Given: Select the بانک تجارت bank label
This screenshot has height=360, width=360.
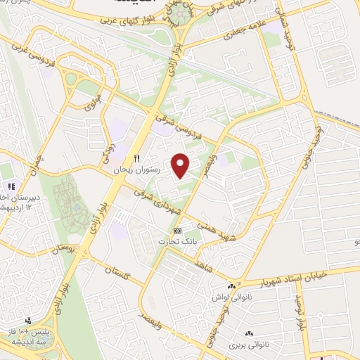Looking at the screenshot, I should (x=177, y=240).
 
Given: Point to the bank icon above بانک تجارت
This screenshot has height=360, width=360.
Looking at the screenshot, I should (x=177, y=230).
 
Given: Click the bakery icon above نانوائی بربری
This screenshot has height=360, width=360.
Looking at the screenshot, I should (x=247, y=334).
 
